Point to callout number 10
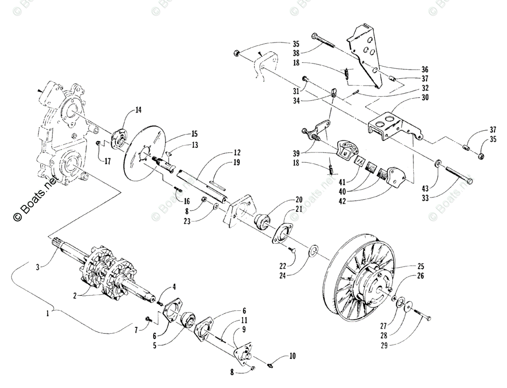[x=292, y=356]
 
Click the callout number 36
[x=425, y=69]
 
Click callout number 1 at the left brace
[x=50, y=314]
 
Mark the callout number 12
[x=237, y=153]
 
